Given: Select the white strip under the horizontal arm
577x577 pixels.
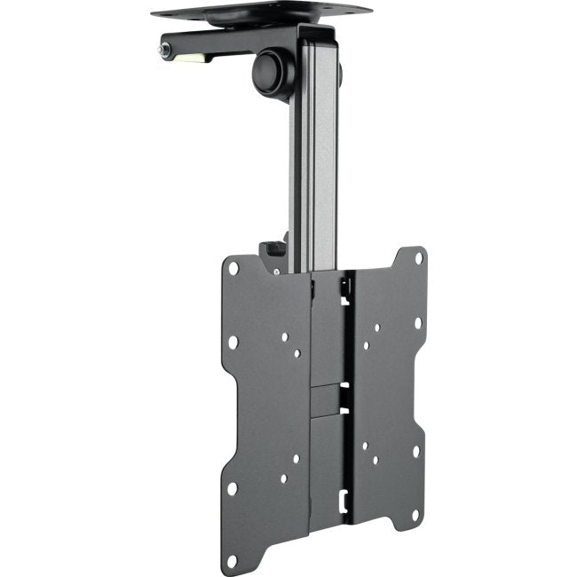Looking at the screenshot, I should (x=191, y=59).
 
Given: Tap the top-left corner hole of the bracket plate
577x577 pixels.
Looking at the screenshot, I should (x=233, y=267).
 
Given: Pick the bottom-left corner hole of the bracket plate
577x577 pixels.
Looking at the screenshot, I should (x=233, y=561).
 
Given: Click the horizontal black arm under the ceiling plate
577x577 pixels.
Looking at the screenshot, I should (x=231, y=44).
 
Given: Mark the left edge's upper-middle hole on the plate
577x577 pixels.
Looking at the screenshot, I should (x=233, y=342).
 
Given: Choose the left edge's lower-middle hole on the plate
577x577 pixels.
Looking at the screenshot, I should (x=232, y=487).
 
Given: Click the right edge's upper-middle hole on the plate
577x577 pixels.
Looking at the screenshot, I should (x=417, y=322).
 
